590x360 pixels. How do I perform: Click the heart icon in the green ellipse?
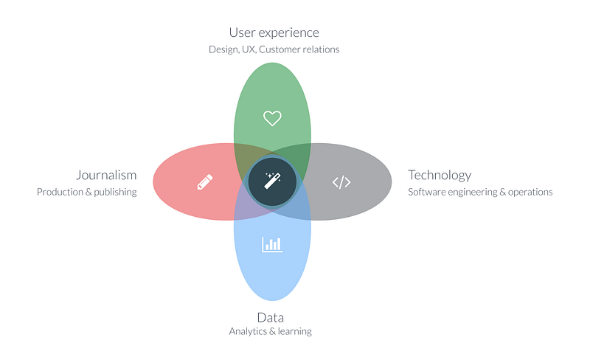[x=272, y=118]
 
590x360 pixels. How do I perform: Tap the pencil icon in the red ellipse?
[x=205, y=182]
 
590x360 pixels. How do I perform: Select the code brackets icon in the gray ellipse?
[x=341, y=182]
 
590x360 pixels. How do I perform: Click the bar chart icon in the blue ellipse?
[x=272, y=244]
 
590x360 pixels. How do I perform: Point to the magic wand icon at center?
[x=272, y=181]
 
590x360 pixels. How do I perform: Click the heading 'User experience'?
[x=274, y=32]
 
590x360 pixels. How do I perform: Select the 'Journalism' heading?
[x=106, y=175]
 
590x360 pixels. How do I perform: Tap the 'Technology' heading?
[x=440, y=176]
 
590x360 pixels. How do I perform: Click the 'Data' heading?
[x=270, y=317]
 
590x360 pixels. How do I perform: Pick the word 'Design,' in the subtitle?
[x=224, y=49]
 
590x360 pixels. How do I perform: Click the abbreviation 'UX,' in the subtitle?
[x=249, y=49]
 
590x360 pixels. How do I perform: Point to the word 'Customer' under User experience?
[x=280, y=49]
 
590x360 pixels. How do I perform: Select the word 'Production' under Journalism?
[x=60, y=192]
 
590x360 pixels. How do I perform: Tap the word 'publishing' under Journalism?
[x=115, y=193]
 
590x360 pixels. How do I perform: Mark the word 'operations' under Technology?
[x=530, y=193]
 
